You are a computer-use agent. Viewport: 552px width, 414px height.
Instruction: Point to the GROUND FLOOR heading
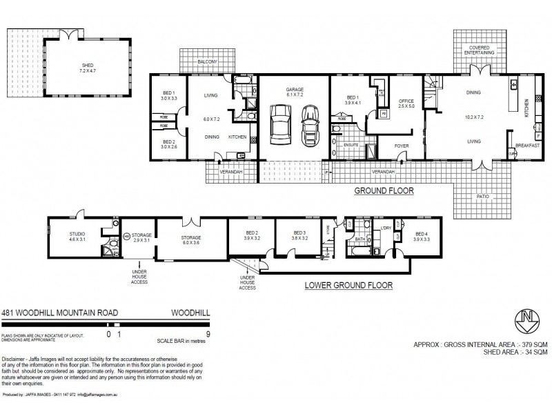tap(384, 191)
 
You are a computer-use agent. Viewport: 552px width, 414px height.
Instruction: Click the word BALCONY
tap(207, 63)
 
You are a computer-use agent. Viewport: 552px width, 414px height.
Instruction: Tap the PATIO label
tap(482, 195)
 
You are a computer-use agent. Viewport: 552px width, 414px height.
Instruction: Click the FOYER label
tap(402, 146)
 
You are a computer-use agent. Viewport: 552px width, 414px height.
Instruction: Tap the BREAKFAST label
tap(527, 146)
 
